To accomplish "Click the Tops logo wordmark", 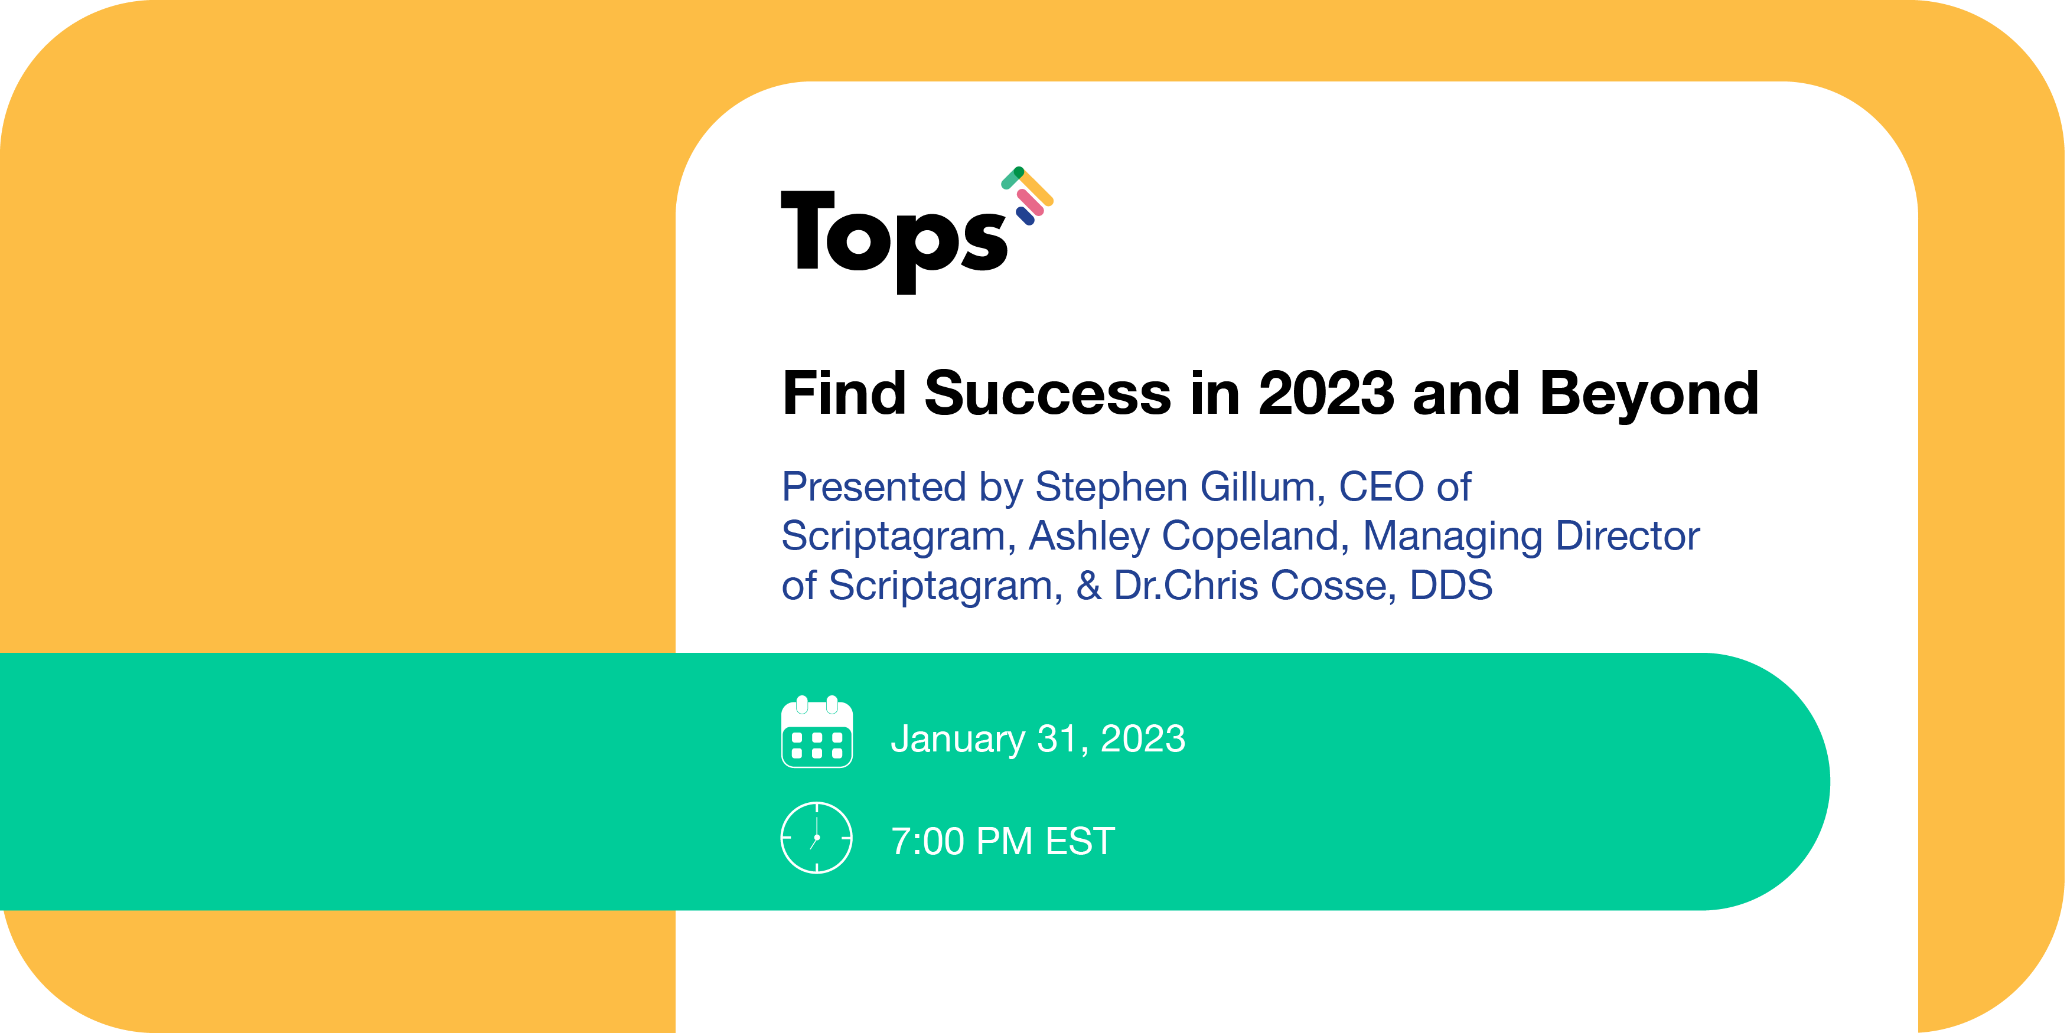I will tap(893, 237).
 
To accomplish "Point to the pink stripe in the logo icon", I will tap(1031, 202).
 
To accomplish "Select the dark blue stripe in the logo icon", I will tap(1025, 215).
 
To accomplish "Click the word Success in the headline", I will tap(1047, 394).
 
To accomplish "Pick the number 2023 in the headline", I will tap(1326, 394).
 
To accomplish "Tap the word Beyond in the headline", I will tap(1649, 394).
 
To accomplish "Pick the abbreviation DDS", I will tap(1451, 586).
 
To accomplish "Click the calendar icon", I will tap(817, 732).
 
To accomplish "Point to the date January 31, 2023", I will tap(1038, 738).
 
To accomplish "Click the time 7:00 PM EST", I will tap(1003, 841).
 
